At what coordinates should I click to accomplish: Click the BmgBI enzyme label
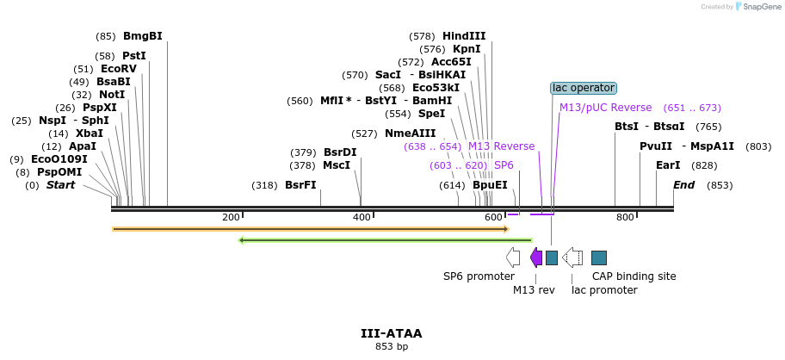(142, 36)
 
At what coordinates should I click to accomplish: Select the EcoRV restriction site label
(118, 69)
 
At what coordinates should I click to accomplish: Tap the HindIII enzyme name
(464, 36)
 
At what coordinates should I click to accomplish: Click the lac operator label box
(584, 88)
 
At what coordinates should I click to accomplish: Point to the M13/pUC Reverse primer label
(605, 108)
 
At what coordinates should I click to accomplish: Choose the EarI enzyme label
(668, 165)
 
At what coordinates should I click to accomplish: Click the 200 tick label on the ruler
(231, 217)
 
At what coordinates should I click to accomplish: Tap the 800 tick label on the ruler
(625, 217)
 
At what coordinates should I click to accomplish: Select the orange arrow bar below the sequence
(310, 229)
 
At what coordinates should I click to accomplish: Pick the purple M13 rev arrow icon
(536, 258)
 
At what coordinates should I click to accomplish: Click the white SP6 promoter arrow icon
(513, 258)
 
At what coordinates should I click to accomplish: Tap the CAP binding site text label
(634, 276)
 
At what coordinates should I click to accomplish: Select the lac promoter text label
(604, 290)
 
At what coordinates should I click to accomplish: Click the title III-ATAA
(392, 333)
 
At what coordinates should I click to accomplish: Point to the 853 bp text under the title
(392, 347)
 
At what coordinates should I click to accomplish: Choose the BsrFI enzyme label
(300, 185)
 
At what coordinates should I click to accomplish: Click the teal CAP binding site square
(599, 258)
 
